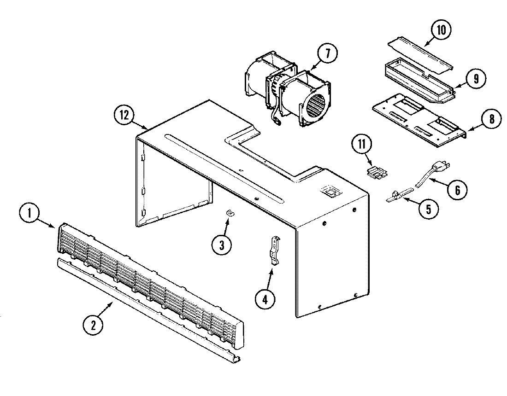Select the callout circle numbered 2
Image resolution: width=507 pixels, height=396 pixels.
click(x=93, y=325)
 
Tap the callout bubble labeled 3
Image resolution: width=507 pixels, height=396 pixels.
click(x=222, y=245)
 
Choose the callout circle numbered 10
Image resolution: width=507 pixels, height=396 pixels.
click(x=441, y=30)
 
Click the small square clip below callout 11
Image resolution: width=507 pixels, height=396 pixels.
click(x=376, y=172)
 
